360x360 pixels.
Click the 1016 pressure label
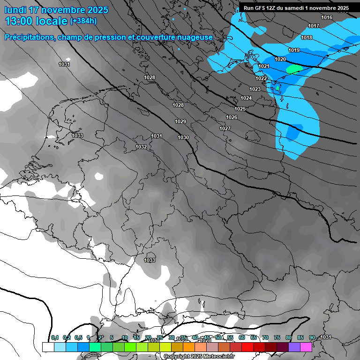tap(327, 18)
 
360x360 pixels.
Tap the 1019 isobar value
tap(294, 51)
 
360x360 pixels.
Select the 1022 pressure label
tap(262, 78)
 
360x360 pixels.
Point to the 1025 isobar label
tap(240, 109)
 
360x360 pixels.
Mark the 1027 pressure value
tap(225, 128)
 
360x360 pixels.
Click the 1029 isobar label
tap(180, 122)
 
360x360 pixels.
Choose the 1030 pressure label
tap(183, 137)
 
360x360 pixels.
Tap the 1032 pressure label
tap(141, 147)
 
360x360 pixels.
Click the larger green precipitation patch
tap(294, 69)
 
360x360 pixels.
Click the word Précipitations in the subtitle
tap(29, 37)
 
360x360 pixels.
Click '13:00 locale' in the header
tap(36, 21)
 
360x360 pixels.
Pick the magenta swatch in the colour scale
tap(306, 347)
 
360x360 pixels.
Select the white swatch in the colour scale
tap(48, 347)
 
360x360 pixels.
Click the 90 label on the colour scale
tap(312, 337)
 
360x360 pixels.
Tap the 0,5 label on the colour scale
tap(78, 337)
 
